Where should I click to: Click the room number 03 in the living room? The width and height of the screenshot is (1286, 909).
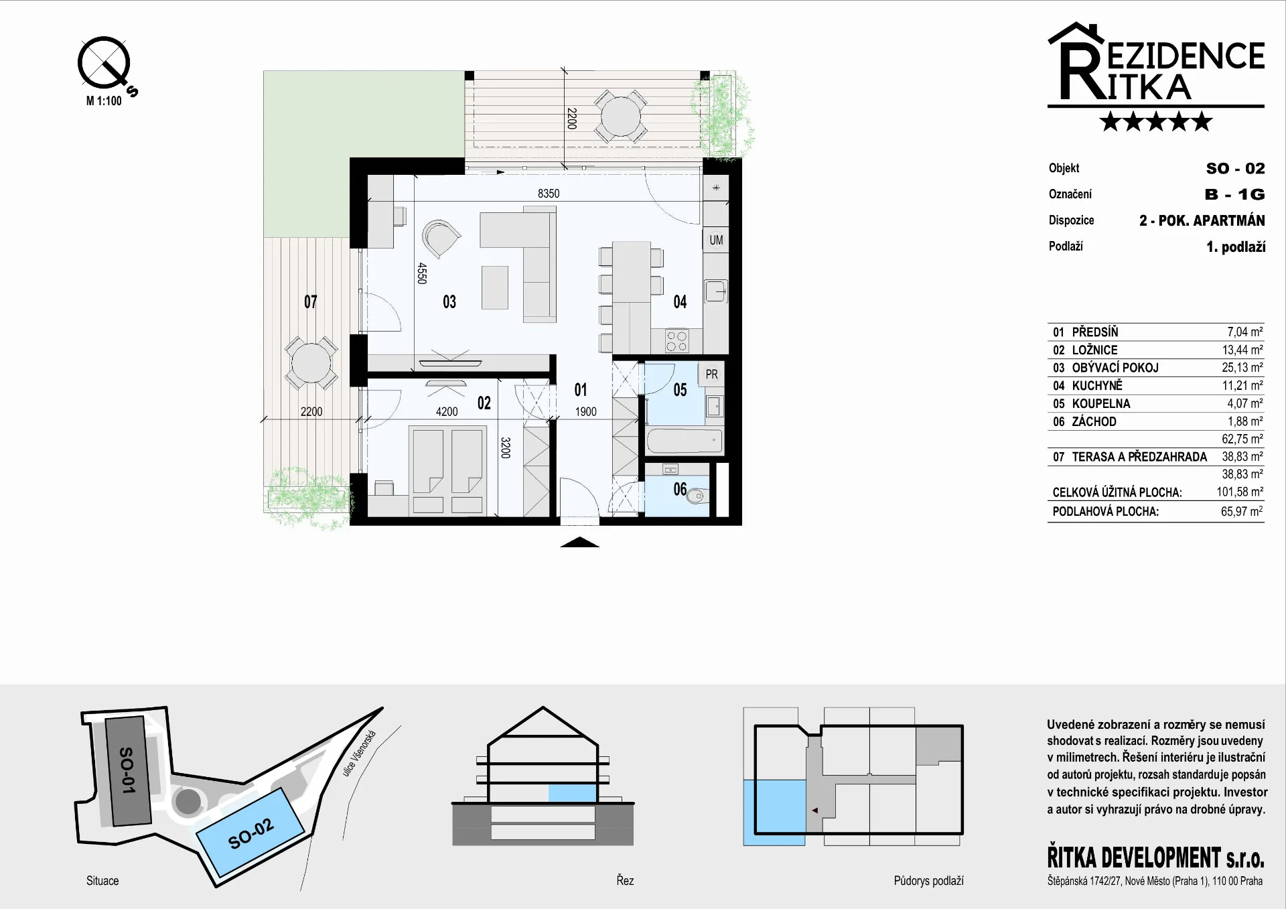pyautogui.click(x=449, y=302)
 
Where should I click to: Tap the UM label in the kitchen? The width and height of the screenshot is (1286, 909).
pyautogui.click(x=716, y=240)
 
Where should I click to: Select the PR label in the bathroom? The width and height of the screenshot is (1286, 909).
pyautogui.click(x=711, y=374)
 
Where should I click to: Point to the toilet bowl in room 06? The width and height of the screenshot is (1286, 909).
pyautogui.click(x=697, y=496)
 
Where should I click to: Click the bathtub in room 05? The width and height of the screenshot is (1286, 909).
pyautogui.click(x=685, y=441)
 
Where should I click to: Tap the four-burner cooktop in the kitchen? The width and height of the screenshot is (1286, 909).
pyautogui.click(x=676, y=341)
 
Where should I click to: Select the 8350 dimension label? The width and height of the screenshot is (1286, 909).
pyautogui.click(x=549, y=194)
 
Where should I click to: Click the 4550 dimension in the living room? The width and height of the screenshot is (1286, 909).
pyautogui.click(x=422, y=273)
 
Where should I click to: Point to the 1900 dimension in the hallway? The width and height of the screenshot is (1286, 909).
pyautogui.click(x=585, y=412)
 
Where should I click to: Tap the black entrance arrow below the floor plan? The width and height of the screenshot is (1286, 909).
pyautogui.click(x=579, y=543)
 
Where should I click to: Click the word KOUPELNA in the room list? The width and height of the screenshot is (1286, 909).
pyautogui.click(x=1101, y=404)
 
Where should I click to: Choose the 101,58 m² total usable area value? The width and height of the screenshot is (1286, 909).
pyautogui.click(x=1240, y=492)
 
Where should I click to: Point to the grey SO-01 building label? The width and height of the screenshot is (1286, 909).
pyautogui.click(x=127, y=770)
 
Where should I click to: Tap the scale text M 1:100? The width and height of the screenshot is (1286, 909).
pyautogui.click(x=104, y=101)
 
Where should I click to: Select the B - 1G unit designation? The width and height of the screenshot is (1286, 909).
pyautogui.click(x=1235, y=194)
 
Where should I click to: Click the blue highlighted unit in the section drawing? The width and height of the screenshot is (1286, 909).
pyautogui.click(x=573, y=793)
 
